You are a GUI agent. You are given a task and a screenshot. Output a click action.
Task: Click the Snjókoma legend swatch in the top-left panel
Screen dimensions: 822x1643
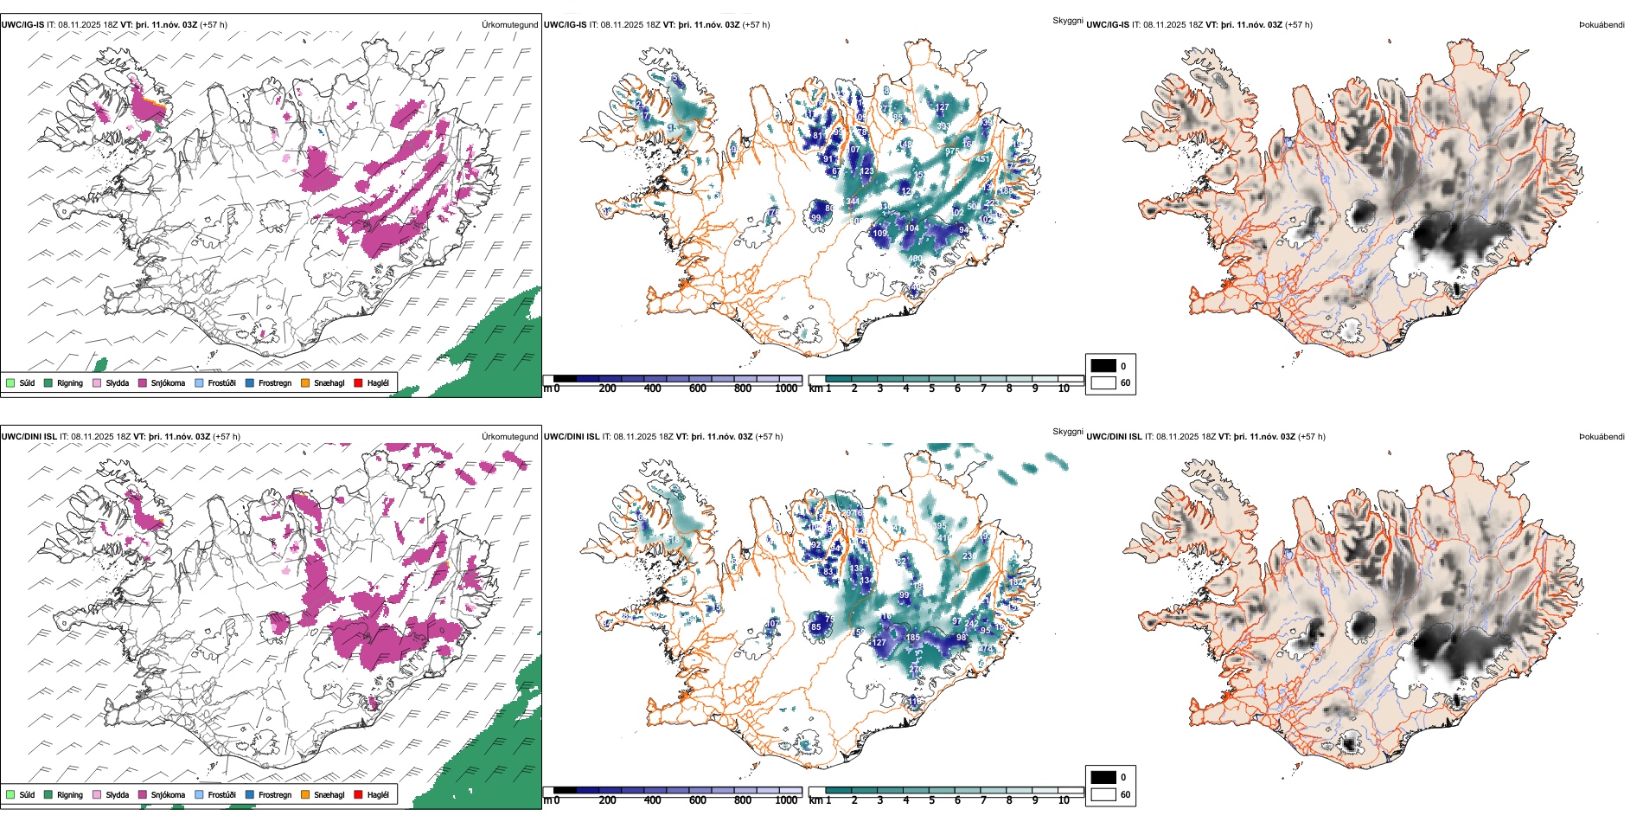143,383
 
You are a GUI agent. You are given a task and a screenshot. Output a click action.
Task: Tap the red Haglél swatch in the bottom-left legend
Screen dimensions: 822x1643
358,795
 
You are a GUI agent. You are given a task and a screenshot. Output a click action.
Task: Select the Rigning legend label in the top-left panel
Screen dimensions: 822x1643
70,383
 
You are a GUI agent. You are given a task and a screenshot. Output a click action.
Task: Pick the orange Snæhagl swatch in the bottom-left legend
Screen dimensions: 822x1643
305,795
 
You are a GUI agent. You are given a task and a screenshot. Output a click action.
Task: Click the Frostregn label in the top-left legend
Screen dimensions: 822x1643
274,383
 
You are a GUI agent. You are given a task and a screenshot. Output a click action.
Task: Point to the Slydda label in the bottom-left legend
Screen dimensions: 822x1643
117,795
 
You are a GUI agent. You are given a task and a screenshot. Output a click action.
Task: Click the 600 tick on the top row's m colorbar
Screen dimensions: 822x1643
698,389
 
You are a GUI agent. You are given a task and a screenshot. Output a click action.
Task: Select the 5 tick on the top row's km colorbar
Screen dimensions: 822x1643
931,389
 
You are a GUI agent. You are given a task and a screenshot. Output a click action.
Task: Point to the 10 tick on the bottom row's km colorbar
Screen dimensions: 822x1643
1064,800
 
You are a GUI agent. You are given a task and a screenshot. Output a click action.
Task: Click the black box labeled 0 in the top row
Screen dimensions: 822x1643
1103,366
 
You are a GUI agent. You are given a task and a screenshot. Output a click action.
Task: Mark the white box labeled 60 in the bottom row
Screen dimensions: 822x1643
1103,794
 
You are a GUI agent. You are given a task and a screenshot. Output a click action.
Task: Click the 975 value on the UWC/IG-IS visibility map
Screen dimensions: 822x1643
952,151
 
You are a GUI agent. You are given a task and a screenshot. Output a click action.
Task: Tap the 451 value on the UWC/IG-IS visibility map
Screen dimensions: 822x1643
983,159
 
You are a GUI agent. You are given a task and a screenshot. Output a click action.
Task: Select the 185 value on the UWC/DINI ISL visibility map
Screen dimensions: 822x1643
912,638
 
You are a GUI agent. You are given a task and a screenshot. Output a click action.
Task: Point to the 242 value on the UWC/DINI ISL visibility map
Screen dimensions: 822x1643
971,624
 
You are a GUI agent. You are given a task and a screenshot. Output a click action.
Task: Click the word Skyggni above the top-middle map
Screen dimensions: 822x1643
1067,20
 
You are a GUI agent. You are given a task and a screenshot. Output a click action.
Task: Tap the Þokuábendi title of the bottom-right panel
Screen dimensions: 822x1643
1601,437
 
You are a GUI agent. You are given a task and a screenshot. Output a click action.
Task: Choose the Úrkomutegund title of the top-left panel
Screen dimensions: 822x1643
509,25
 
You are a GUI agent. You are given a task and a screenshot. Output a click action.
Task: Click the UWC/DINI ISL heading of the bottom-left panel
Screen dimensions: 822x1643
29,437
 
